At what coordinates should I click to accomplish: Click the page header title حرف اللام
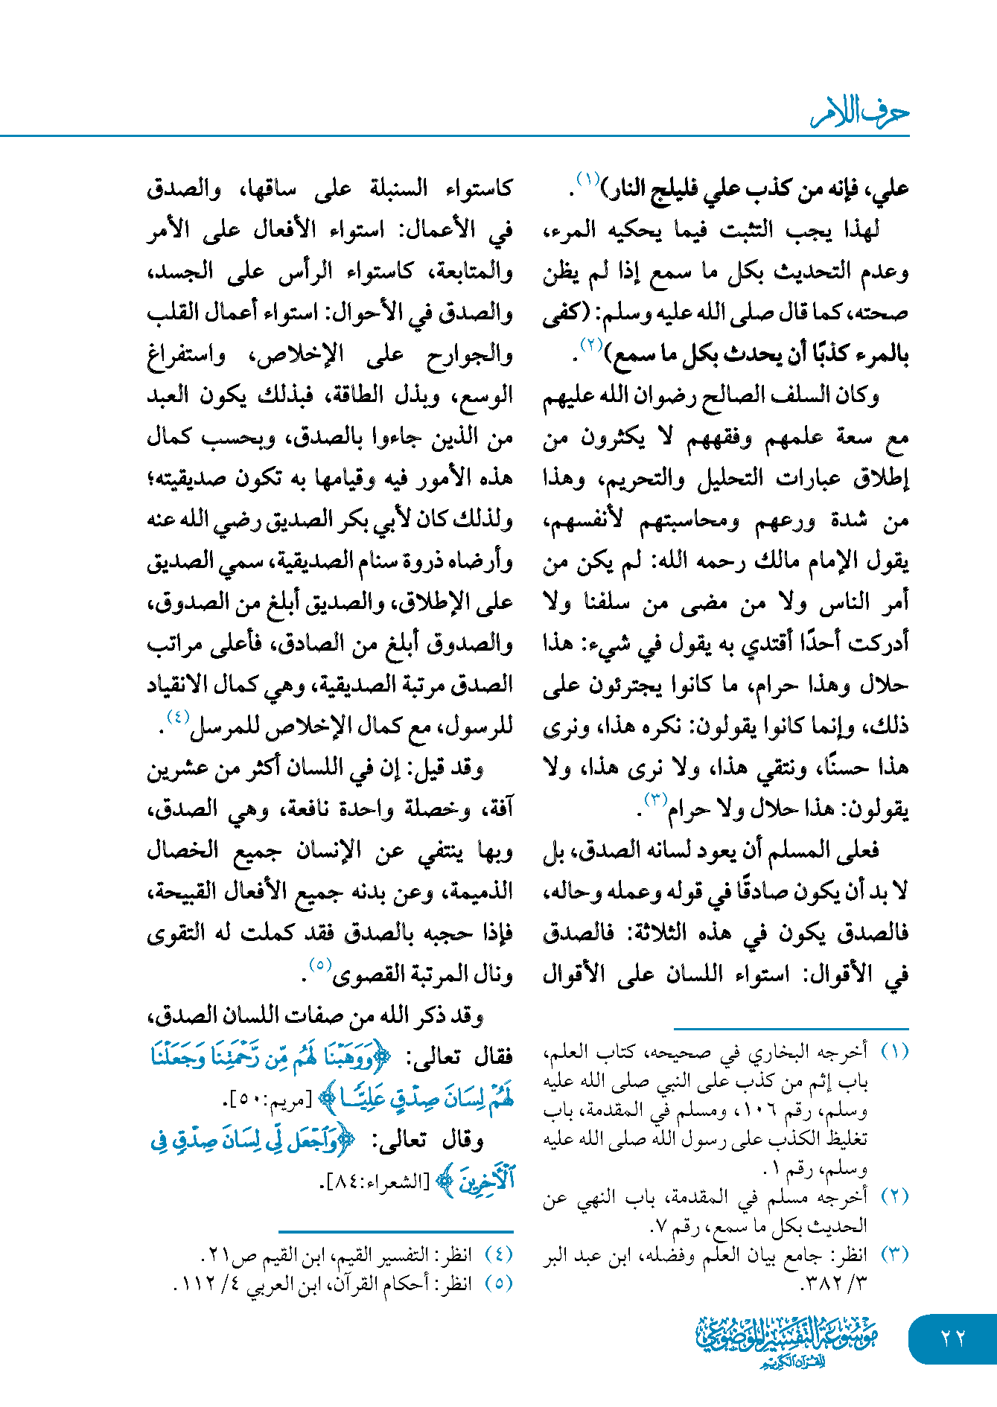click(859, 114)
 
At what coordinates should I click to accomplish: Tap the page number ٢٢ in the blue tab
click(952, 1338)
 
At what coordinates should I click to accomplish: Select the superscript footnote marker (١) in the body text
click(588, 179)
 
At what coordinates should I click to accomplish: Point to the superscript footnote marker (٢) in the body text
click(590, 345)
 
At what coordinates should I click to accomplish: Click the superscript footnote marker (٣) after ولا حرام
click(655, 800)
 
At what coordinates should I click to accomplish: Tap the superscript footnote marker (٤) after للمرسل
click(178, 717)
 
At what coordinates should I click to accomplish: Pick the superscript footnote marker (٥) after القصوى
click(319, 965)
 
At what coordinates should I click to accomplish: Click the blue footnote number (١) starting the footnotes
click(894, 1051)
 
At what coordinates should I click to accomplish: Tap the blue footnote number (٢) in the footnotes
click(894, 1196)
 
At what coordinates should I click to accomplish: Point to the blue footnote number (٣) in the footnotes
click(894, 1254)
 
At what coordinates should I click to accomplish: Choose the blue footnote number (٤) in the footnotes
click(498, 1254)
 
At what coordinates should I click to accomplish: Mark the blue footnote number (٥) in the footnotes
click(498, 1283)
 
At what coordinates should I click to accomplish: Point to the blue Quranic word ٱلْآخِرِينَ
click(485, 1181)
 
